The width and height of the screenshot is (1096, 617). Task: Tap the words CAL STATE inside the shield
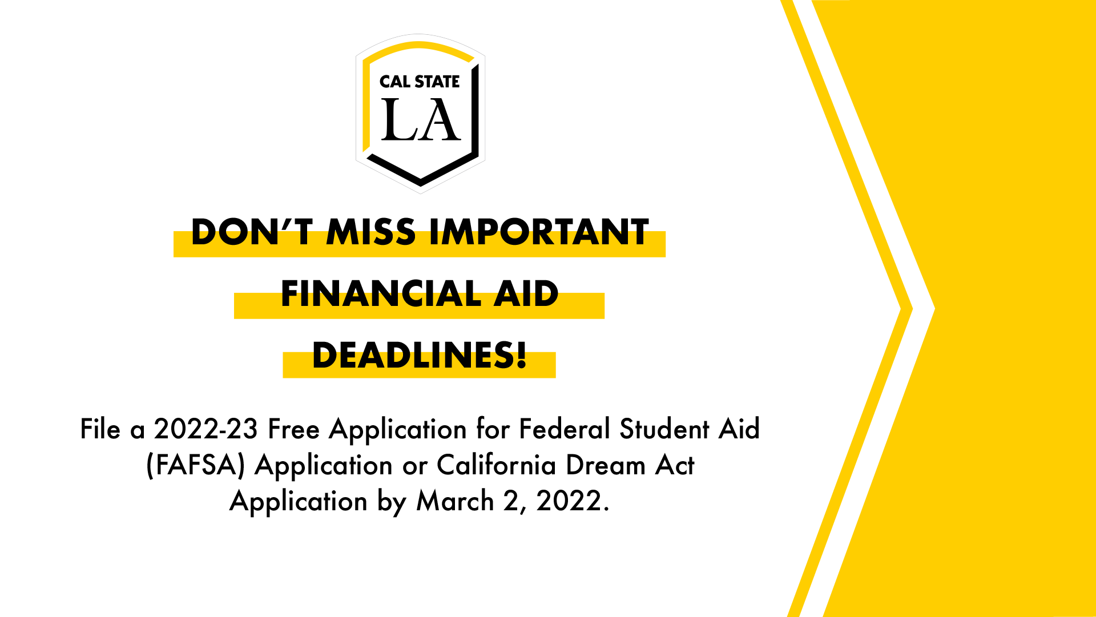click(420, 82)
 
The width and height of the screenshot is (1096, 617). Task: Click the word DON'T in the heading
click(251, 232)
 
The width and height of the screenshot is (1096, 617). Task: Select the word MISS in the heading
click(371, 232)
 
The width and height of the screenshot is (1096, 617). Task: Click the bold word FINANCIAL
click(381, 294)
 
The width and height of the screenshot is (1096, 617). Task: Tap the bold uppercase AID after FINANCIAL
click(526, 294)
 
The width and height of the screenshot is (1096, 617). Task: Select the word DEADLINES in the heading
click(413, 356)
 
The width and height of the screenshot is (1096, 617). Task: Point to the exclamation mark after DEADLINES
click(521, 356)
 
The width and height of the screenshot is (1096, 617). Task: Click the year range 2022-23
click(206, 429)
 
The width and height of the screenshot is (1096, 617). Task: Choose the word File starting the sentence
click(100, 429)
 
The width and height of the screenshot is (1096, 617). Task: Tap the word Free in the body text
click(293, 429)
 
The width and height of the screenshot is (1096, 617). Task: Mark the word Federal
click(565, 429)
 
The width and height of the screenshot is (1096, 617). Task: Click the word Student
click(664, 429)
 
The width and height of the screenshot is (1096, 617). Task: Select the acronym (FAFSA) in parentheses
click(196, 465)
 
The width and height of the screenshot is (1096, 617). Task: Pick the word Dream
click(605, 465)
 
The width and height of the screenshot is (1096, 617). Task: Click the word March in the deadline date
click(455, 501)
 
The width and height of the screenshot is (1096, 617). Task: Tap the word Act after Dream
click(675, 465)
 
